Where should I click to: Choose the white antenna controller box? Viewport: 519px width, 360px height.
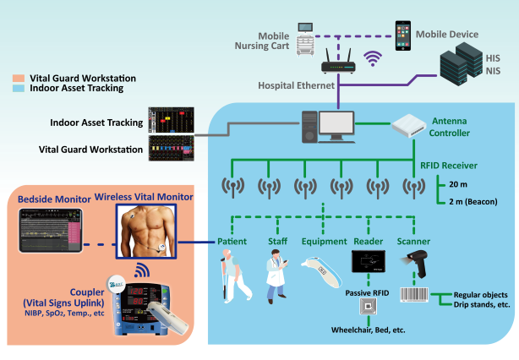416,124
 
